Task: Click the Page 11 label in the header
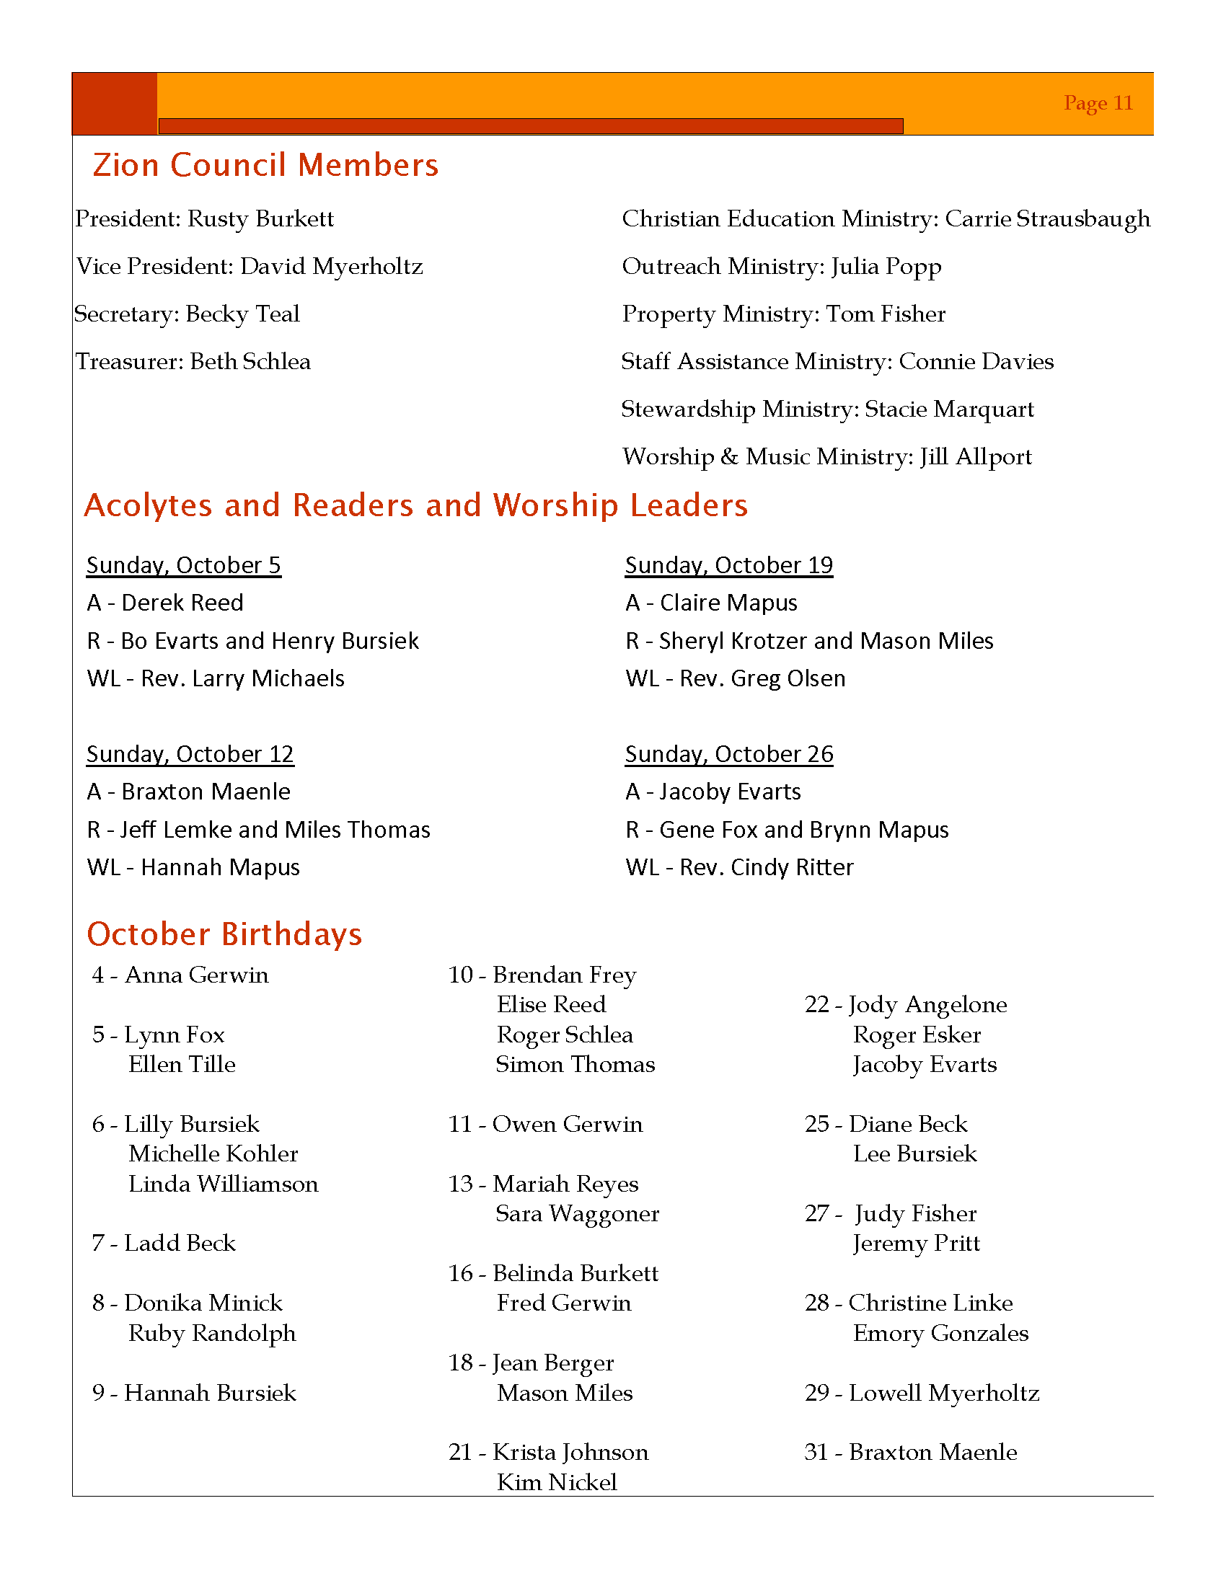(x=1098, y=103)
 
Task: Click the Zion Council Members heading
(x=266, y=165)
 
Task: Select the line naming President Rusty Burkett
(x=205, y=218)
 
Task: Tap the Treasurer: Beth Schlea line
(x=193, y=361)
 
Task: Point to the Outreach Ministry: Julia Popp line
(x=782, y=267)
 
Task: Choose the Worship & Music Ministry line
(x=826, y=457)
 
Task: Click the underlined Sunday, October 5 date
(x=184, y=565)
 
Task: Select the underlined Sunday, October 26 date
(x=729, y=754)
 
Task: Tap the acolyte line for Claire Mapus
(x=711, y=603)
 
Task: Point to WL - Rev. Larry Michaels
(x=216, y=678)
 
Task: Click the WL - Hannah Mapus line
(x=193, y=867)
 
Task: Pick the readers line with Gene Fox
(x=787, y=829)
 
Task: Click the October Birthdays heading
(x=224, y=934)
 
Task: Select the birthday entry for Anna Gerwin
(x=181, y=975)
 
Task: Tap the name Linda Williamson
(x=223, y=1184)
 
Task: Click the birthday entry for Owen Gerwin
(x=545, y=1124)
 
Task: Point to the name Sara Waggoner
(x=578, y=1213)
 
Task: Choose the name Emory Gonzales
(x=940, y=1332)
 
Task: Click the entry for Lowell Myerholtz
(x=922, y=1392)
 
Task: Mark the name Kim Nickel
(x=557, y=1481)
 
